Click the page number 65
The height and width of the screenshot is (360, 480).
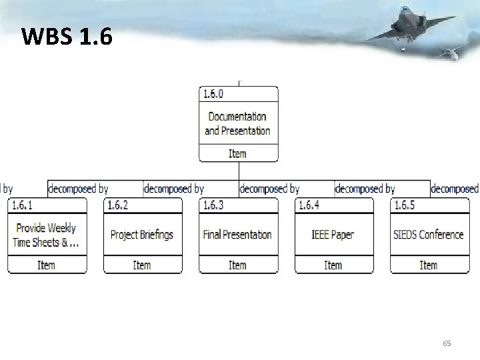[x=447, y=343]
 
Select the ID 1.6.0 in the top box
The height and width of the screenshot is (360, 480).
[x=213, y=94]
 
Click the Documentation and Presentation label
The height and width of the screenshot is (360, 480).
[x=237, y=123]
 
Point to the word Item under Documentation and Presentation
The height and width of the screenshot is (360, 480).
[x=237, y=153]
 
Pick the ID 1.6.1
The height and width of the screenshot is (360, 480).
[x=22, y=205]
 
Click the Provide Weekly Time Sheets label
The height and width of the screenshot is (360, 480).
[x=46, y=235]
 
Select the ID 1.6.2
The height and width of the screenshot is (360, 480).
[x=117, y=205]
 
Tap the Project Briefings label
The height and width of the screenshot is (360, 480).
[x=141, y=235]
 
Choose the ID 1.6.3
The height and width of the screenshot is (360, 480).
[x=213, y=205]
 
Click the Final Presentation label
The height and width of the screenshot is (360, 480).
[x=237, y=235]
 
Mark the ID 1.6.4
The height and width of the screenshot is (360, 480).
[x=309, y=205]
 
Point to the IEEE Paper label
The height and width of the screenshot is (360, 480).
[x=333, y=235]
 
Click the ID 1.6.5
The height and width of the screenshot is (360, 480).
[x=404, y=205]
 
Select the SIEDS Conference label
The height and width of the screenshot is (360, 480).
[x=428, y=235]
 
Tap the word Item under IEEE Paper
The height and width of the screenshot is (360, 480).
[x=333, y=265]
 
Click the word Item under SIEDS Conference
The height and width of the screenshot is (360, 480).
[x=428, y=265]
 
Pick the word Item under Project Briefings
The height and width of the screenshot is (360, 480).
[x=142, y=265]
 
